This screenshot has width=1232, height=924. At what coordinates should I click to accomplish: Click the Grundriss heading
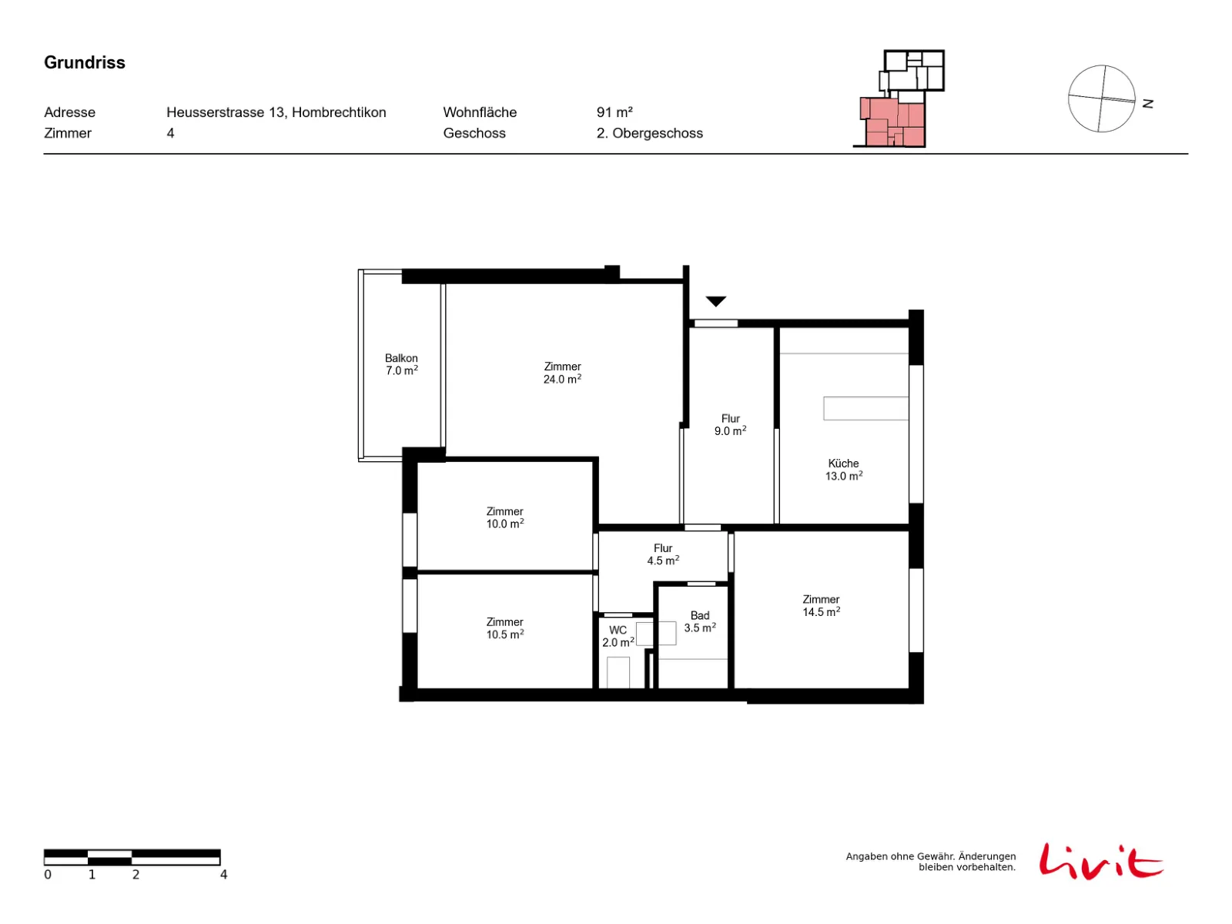pos(84,62)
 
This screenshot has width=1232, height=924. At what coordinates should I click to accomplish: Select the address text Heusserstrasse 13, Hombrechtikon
pos(276,112)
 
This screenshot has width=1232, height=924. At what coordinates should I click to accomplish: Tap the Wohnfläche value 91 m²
pos(614,112)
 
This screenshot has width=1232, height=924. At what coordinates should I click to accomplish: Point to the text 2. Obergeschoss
pos(649,133)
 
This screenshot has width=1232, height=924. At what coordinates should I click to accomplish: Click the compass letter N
pos(1147,104)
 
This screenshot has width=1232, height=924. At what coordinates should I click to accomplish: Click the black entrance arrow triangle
pos(715,301)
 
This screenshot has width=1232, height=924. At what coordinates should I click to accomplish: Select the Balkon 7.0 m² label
pos(400,364)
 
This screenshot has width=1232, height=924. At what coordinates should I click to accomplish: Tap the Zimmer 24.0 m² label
pos(562,373)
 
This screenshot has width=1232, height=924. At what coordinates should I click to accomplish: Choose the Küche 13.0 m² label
pos(843,469)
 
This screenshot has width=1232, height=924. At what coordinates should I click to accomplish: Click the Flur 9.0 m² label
pos(730,425)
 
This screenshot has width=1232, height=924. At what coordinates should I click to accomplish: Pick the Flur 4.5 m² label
pos(662,554)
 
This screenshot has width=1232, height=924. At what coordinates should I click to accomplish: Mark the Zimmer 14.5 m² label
pos(821,605)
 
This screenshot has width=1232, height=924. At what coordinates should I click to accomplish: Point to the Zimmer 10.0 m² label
pos(504,517)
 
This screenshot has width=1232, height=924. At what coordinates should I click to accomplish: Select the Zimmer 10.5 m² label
pos(504,628)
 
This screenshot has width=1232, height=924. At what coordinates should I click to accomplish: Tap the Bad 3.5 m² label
pos(699,621)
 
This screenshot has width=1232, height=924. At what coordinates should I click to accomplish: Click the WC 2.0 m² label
pos(618,636)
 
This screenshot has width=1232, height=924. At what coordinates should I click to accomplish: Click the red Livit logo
pos(1100,861)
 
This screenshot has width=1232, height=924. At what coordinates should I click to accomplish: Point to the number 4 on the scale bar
pos(223,874)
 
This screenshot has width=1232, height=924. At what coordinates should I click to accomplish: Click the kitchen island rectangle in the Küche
pos(865,408)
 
